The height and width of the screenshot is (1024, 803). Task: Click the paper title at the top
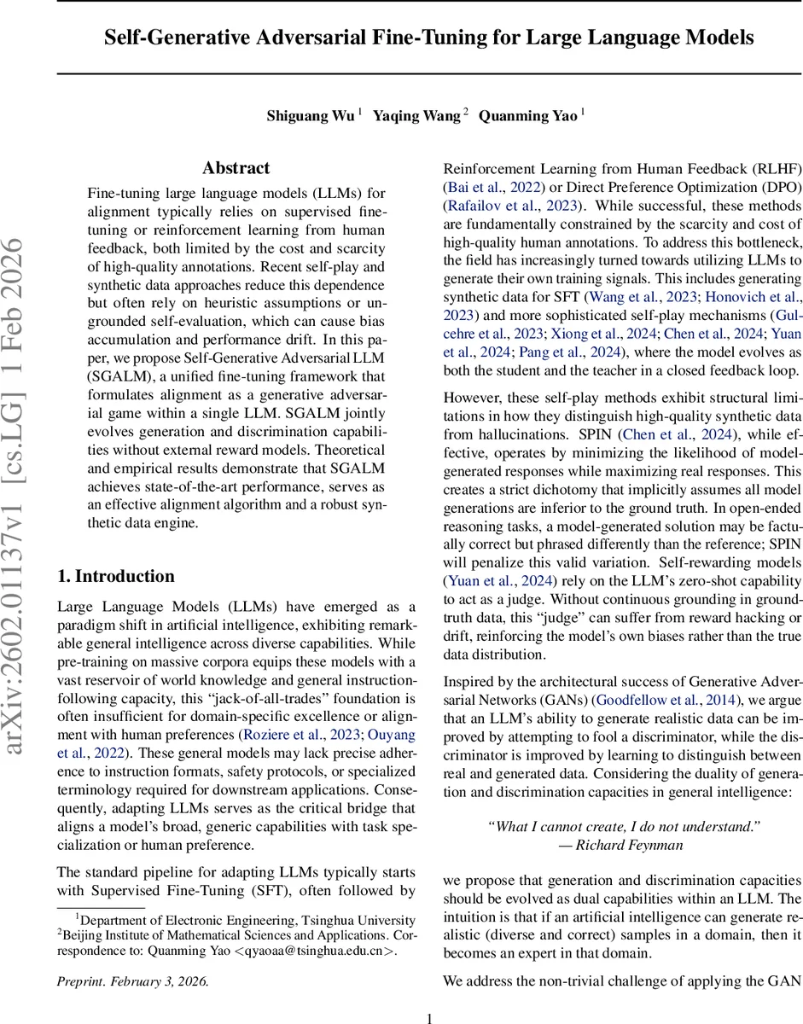[x=429, y=38]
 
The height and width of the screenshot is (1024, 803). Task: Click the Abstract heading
[x=236, y=168]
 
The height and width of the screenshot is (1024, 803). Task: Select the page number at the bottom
[x=429, y=1017]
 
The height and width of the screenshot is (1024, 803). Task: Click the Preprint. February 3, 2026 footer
[x=132, y=980]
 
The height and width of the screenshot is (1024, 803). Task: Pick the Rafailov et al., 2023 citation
[x=512, y=206]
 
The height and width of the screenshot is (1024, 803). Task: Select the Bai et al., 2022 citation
[x=486, y=187]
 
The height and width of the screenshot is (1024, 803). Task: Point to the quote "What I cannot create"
[x=623, y=826]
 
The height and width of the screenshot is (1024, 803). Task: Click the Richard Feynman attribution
[x=623, y=845]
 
